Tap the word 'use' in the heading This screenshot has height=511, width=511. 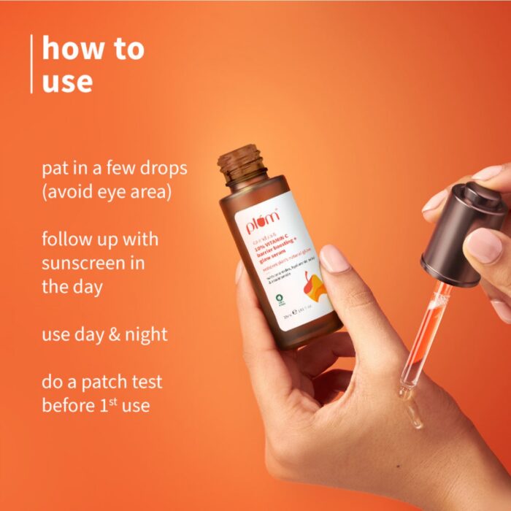click(67, 81)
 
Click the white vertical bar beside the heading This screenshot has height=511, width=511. click(31, 64)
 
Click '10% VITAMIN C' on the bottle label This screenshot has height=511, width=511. click(275, 248)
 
